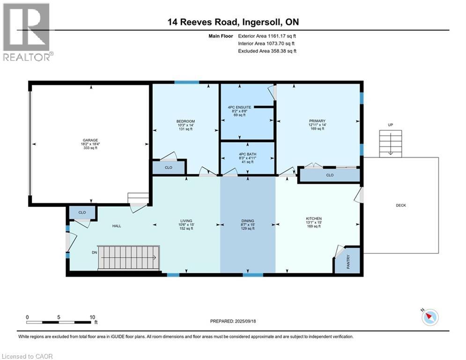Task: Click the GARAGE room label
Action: coord(90,140)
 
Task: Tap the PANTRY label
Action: coord(348,262)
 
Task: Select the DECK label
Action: coord(401,205)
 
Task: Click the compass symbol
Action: coord(430,317)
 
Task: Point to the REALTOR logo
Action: coord(27,32)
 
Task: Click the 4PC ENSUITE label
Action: coord(239,107)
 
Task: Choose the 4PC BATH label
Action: coord(248,154)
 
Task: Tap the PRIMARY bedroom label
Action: coord(317,121)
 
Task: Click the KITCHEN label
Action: coord(314,218)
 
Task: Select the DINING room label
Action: coord(248,221)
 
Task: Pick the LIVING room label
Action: coord(186,221)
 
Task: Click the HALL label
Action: coord(117,226)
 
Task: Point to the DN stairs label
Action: coord(95,253)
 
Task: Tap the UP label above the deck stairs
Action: coord(391,125)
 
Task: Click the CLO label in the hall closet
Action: coord(82,212)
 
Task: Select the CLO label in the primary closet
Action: coord(330,175)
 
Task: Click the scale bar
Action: coord(59,322)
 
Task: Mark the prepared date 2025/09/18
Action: coord(245,321)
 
